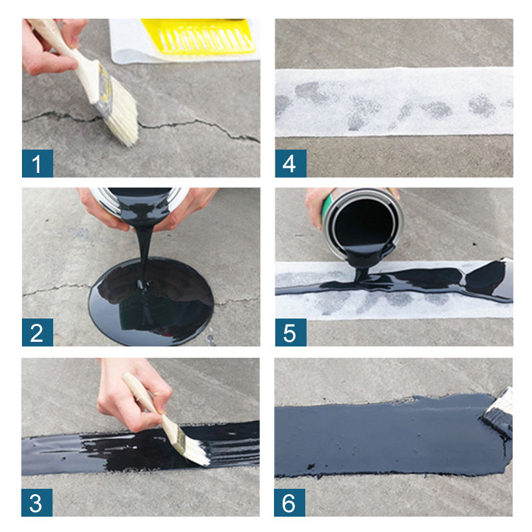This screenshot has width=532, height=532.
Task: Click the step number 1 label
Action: (x=37, y=163)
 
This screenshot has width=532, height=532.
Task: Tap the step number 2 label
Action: (x=37, y=332)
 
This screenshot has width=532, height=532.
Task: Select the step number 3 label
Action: (x=37, y=503)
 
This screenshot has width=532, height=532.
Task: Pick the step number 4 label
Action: (x=291, y=163)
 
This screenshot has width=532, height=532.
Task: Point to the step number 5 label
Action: (x=291, y=332)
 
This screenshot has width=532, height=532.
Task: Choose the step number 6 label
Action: (x=289, y=503)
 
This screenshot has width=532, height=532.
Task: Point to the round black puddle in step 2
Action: (x=151, y=301)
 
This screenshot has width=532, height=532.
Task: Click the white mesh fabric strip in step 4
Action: (x=394, y=102)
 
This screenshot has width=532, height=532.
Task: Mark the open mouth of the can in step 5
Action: (x=364, y=224)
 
